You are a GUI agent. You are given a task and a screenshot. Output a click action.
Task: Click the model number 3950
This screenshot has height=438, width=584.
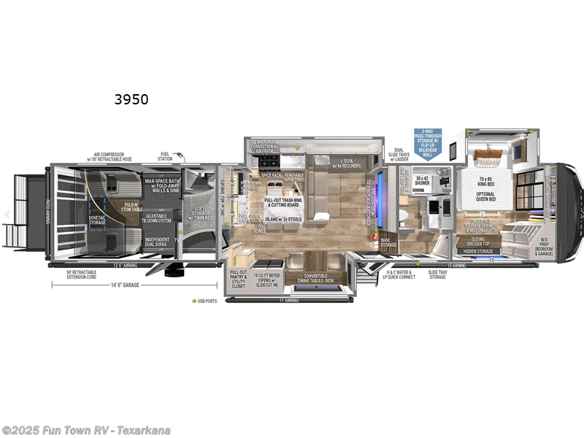click(131, 100)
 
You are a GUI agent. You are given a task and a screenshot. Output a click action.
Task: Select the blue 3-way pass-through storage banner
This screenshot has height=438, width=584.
click(429, 142)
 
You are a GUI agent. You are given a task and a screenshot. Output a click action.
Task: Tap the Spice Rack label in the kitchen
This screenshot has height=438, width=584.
click(262, 175)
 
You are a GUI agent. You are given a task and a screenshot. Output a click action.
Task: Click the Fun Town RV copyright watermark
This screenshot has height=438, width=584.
click(86, 429)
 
